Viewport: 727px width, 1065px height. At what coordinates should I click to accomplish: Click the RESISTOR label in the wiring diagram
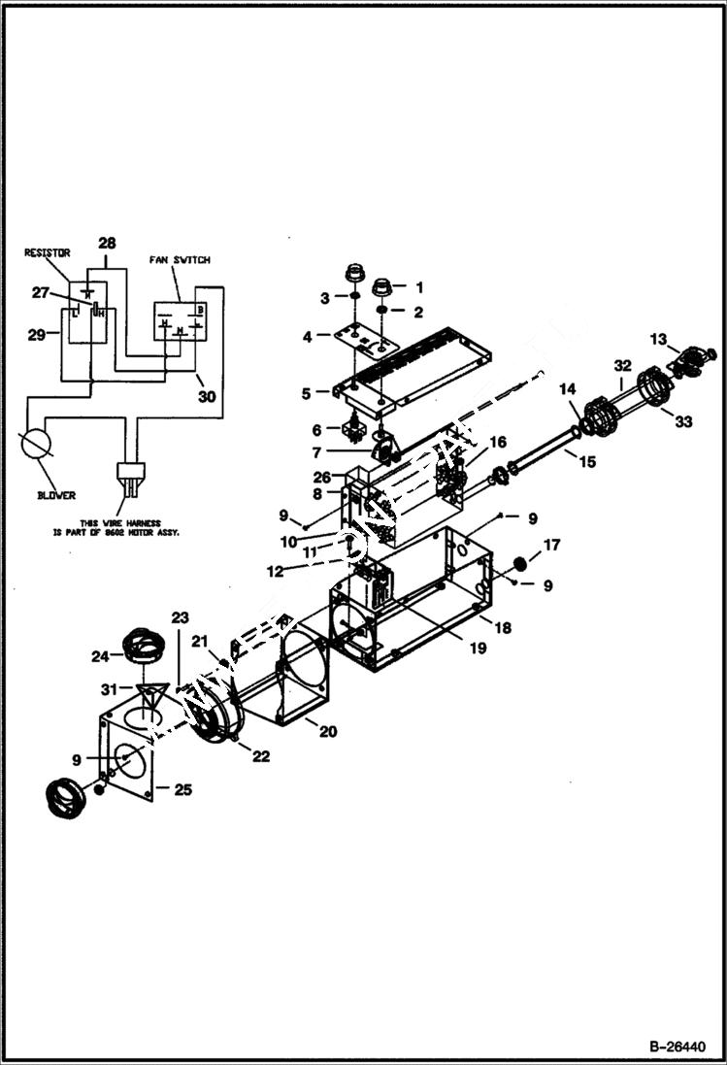click(47, 251)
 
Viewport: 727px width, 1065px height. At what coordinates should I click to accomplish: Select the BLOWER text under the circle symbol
click(57, 495)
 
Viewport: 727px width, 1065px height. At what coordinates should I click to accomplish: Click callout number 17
click(550, 546)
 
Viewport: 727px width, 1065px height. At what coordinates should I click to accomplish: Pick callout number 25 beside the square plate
click(182, 789)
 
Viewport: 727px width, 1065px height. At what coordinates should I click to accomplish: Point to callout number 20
click(328, 731)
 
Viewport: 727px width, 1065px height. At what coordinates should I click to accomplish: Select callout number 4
click(308, 337)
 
